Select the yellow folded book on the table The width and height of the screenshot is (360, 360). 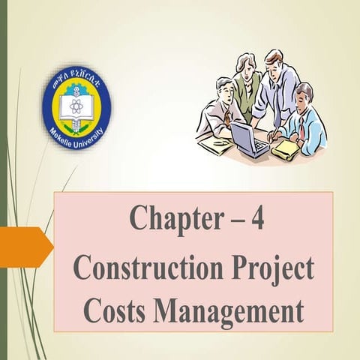pyautogui.click(x=286, y=149)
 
